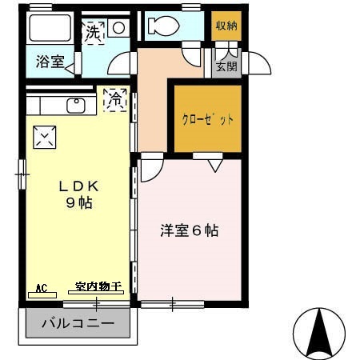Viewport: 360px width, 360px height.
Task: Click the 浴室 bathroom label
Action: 50,62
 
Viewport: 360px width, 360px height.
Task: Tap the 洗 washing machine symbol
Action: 94,34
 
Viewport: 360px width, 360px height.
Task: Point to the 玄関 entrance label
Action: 226,67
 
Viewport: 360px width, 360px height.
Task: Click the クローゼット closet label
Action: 207,120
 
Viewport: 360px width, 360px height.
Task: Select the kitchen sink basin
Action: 76,105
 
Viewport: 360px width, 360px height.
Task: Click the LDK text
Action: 77,186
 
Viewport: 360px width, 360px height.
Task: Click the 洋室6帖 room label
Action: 190,231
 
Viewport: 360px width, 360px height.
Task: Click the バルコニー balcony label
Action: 78,325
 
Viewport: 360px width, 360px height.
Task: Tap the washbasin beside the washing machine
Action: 118,27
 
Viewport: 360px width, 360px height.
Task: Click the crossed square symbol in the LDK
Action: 43,138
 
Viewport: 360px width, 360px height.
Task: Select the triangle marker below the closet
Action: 214,165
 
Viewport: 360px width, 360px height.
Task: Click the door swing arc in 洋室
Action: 152,170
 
